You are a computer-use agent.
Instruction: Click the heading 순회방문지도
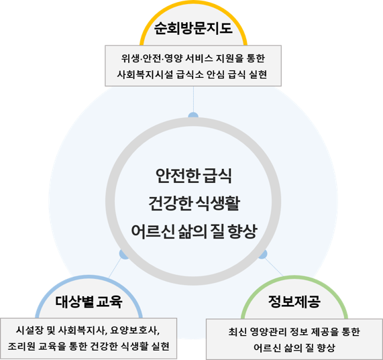click(193, 28)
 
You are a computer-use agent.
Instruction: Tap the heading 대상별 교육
click(89, 302)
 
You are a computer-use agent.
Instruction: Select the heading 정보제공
click(294, 302)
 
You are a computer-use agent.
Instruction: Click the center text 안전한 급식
click(193, 176)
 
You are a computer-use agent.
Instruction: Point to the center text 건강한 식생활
click(195, 203)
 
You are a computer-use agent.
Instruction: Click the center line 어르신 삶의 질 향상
click(195, 231)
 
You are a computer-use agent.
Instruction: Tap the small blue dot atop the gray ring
click(193, 115)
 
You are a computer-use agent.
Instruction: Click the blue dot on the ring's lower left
click(123, 254)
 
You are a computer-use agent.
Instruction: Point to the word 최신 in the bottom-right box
click(237, 332)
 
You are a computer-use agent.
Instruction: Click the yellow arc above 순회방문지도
click(193, 3)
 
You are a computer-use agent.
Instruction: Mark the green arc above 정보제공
click(294, 278)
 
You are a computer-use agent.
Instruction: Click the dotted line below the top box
click(193, 99)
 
